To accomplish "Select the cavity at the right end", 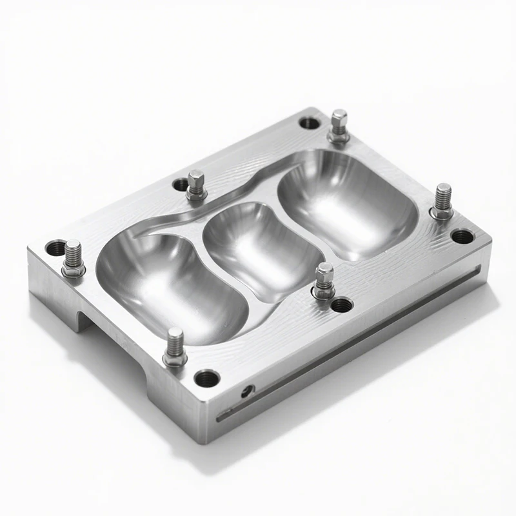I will (x=345, y=203).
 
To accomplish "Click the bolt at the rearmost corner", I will (x=339, y=126).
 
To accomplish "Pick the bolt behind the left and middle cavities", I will (x=196, y=185).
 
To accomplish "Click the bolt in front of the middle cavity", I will (x=324, y=281).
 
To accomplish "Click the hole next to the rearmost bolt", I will (x=310, y=122).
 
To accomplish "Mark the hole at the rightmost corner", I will (x=462, y=236).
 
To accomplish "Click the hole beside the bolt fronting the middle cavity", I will (x=341, y=304).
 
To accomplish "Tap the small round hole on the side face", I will (x=246, y=390).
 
